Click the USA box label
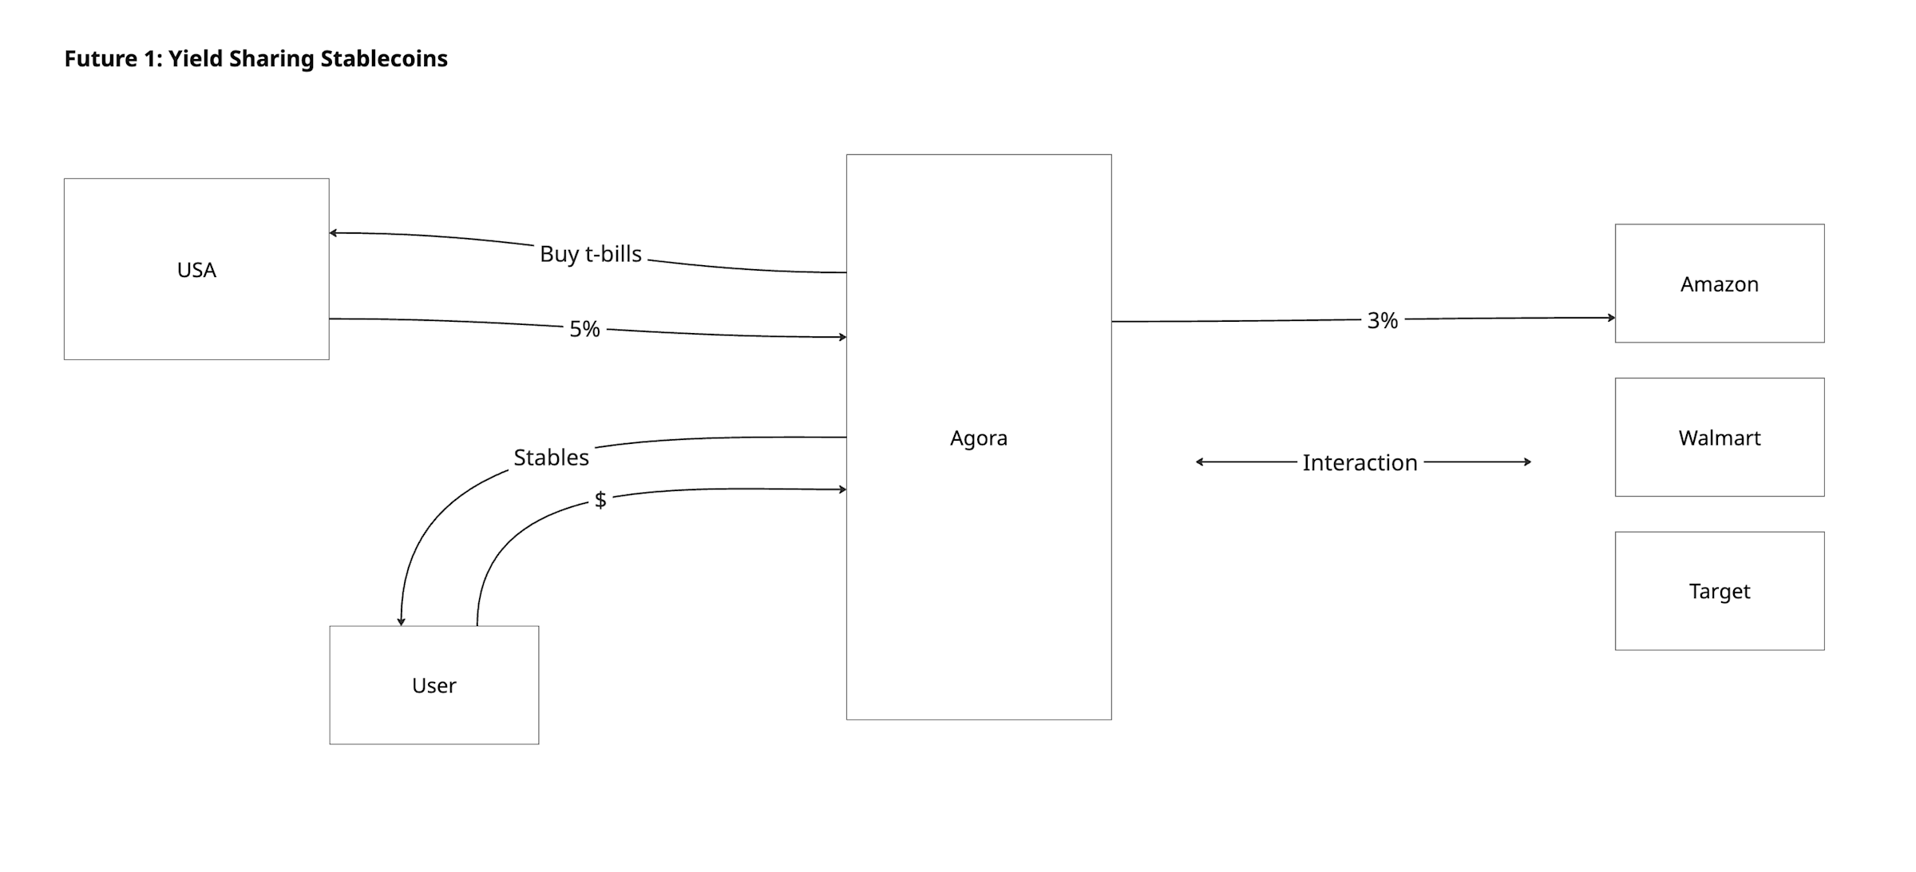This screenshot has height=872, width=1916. tap(196, 270)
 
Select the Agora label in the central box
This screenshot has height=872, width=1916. tap(979, 438)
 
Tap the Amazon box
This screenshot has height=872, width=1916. tap(1720, 283)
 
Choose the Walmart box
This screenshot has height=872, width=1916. tap(1720, 438)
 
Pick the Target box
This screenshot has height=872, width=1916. tap(1720, 591)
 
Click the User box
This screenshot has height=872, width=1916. tap(434, 685)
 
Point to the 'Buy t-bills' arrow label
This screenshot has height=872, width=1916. tap(591, 254)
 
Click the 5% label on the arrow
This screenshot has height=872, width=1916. tap(584, 329)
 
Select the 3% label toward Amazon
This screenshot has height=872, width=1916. tap(1383, 321)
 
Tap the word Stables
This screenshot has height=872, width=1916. tap(551, 458)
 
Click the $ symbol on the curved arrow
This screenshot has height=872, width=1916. tap(600, 500)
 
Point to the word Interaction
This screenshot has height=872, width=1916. tap(1360, 462)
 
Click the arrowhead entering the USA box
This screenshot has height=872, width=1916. tap(333, 233)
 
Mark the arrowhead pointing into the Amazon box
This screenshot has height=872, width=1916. tap(1611, 318)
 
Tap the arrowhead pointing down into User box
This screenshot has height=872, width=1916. tap(402, 621)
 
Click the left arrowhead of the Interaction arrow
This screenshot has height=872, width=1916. tap(1200, 462)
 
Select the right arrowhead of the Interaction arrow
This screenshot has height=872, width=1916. tap(1527, 462)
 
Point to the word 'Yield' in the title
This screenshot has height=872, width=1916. tap(196, 58)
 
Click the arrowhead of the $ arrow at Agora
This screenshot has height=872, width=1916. tap(842, 489)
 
